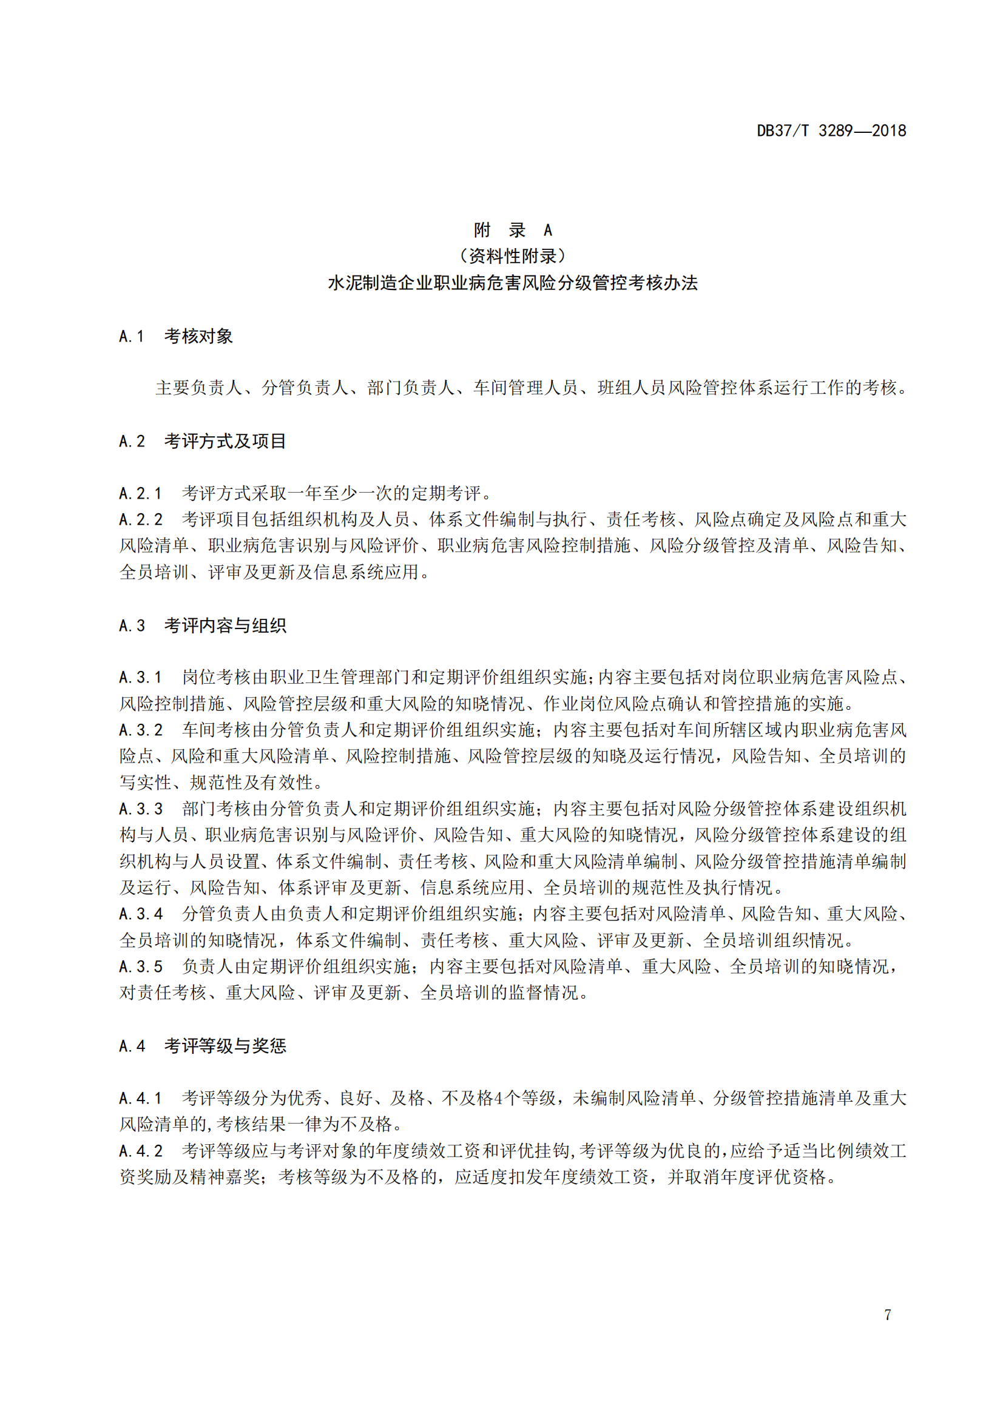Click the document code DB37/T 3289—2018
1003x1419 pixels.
[x=831, y=131]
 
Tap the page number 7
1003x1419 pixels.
[x=888, y=1315]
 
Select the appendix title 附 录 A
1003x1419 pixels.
[x=512, y=231]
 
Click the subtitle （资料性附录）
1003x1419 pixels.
[x=512, y=257]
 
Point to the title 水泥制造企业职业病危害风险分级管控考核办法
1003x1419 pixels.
[x=512, y=283]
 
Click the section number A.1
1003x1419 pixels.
[x=132, y=337]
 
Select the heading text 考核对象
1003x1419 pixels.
[x=198, y=337]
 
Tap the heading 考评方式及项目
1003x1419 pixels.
[x=225, y=441]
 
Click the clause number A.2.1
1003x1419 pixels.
[x=140, y=494]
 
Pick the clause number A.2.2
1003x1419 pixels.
[x=140, y=520]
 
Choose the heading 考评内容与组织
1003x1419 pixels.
[x=225, y=625]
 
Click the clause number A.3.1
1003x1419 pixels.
[x=140, y=678]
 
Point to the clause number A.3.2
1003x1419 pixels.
[x=140, y=730]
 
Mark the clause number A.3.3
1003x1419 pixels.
[x=140, y=809]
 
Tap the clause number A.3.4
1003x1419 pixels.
[x=140, y=914]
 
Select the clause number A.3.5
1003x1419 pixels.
[x=140, y=966]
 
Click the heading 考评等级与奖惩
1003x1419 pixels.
[x=225, y=1046]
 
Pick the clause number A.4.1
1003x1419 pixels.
[x=140, y=1098]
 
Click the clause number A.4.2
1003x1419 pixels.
[x=140, y=1151]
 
